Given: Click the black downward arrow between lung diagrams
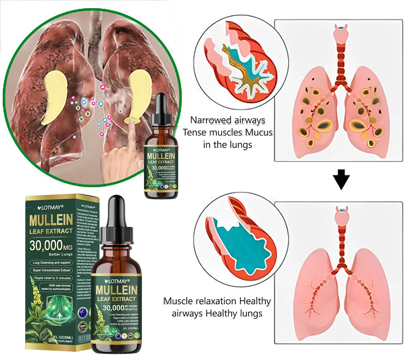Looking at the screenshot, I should click(341, 179).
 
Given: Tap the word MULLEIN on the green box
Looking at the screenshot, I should click(51, 220).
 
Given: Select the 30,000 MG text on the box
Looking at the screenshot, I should click(51, 246).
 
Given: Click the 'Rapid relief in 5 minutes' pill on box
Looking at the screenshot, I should click(52, 278).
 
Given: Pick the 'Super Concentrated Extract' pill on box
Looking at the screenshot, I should click(51, 270).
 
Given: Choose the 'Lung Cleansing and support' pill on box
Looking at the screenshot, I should click(51, 263).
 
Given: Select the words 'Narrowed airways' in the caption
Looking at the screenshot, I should click(228, 120).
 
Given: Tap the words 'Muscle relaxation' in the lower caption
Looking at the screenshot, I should click(200, 301).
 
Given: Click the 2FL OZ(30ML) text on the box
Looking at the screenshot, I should click(62, 337).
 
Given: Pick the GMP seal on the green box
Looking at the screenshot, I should click(82, 327).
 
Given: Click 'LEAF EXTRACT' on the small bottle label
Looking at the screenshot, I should click(161, 162).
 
